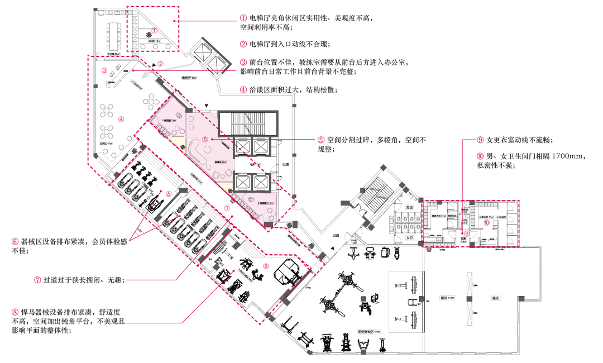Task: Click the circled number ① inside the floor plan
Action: click(x=155, y=31)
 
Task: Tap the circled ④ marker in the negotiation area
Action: click(x=121, y=118)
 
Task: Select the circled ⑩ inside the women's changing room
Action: click(x=486, y=222)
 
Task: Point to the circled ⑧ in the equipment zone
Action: click(x=266, y=266)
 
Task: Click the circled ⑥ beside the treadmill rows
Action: click(x=168, y=193)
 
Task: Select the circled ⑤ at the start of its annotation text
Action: click(x=321, y=140)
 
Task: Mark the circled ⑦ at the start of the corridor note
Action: click(x=37, y=279)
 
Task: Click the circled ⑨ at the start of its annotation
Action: click(x=480, y=140)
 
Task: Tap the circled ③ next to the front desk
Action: click(x=104, y=70)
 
